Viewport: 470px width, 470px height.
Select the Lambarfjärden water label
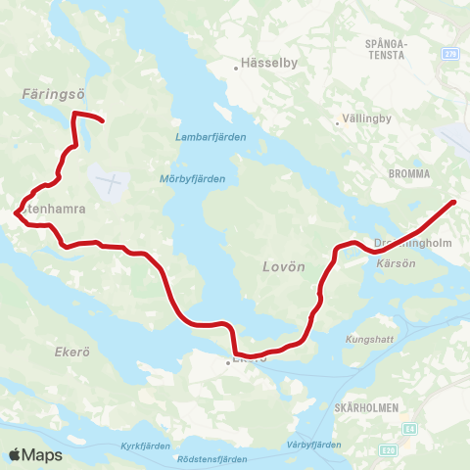pyautogui.click(x=204, y=137)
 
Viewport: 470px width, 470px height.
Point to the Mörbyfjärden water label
pyautogui.click(x=192, y=178)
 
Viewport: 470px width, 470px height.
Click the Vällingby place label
pyautogui.click(x=367, y=122)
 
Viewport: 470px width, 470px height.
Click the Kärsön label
pyautogui.click(x=391, y=262)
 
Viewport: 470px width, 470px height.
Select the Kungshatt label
pyautogui.click(x=366, y=339)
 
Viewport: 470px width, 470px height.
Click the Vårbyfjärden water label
pyautogui.click(x=314, y=445)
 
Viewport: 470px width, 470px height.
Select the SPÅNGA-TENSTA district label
pyautogui.click(x=385, y=50)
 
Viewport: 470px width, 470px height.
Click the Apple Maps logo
pyautogui.click(x=35, y=454)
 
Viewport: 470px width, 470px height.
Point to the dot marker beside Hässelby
pyautogui.click(x=238, y=68)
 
